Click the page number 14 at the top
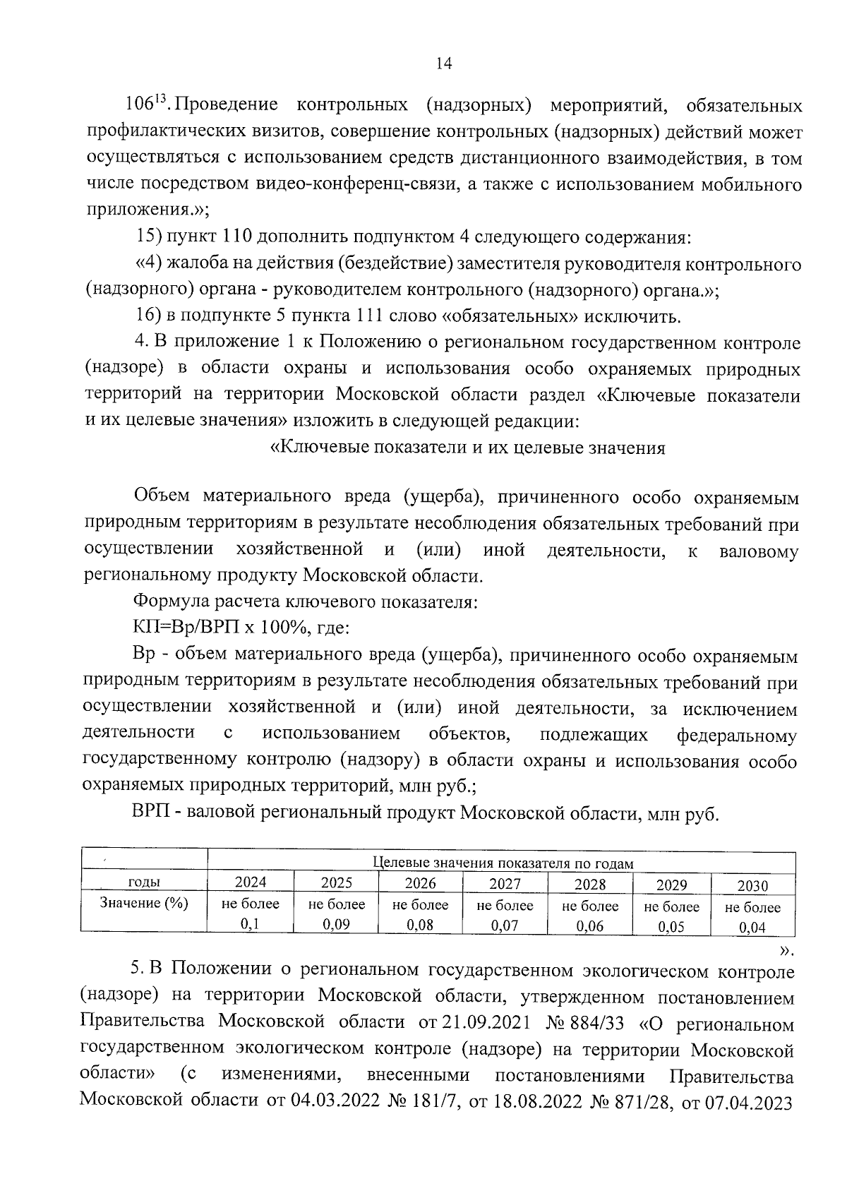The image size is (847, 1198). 443,64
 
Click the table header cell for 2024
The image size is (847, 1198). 251,882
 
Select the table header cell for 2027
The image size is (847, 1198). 505,884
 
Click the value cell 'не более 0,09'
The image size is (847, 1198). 337,915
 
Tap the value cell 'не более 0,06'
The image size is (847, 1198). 590,916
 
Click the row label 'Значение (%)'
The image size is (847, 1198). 144,903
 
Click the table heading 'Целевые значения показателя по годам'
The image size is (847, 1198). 502,863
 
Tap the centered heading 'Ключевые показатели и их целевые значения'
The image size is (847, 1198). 468,448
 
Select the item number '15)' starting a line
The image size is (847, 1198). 149,237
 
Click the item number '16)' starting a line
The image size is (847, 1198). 149,316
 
